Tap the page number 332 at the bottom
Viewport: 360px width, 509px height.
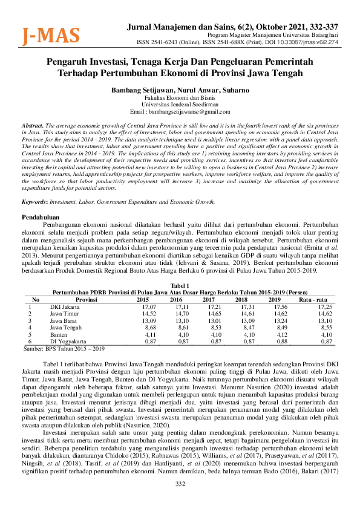coord(180,501)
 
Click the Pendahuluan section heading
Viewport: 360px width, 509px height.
coord(41,216)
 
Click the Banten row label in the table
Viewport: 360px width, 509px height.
coord(59,334)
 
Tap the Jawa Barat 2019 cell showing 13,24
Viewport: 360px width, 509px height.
coord(274,320)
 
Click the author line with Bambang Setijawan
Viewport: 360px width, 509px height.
coord(180,89)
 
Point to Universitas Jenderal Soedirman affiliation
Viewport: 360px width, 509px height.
coord(180,104)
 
